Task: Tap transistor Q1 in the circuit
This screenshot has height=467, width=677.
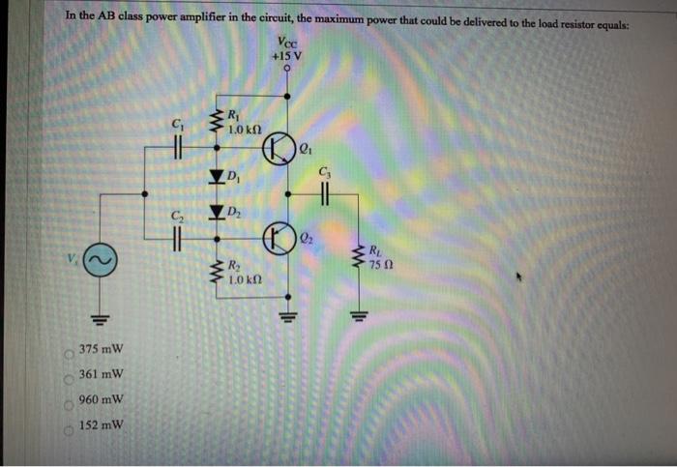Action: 280,151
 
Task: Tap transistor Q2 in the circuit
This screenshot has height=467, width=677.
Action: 280,236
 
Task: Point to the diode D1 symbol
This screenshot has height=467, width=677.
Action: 216,176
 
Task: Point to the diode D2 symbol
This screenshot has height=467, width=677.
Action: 216,212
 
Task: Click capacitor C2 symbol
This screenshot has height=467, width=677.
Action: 176,237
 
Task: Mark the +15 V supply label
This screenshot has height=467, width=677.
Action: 287,56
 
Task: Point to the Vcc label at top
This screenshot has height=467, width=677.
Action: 287,42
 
